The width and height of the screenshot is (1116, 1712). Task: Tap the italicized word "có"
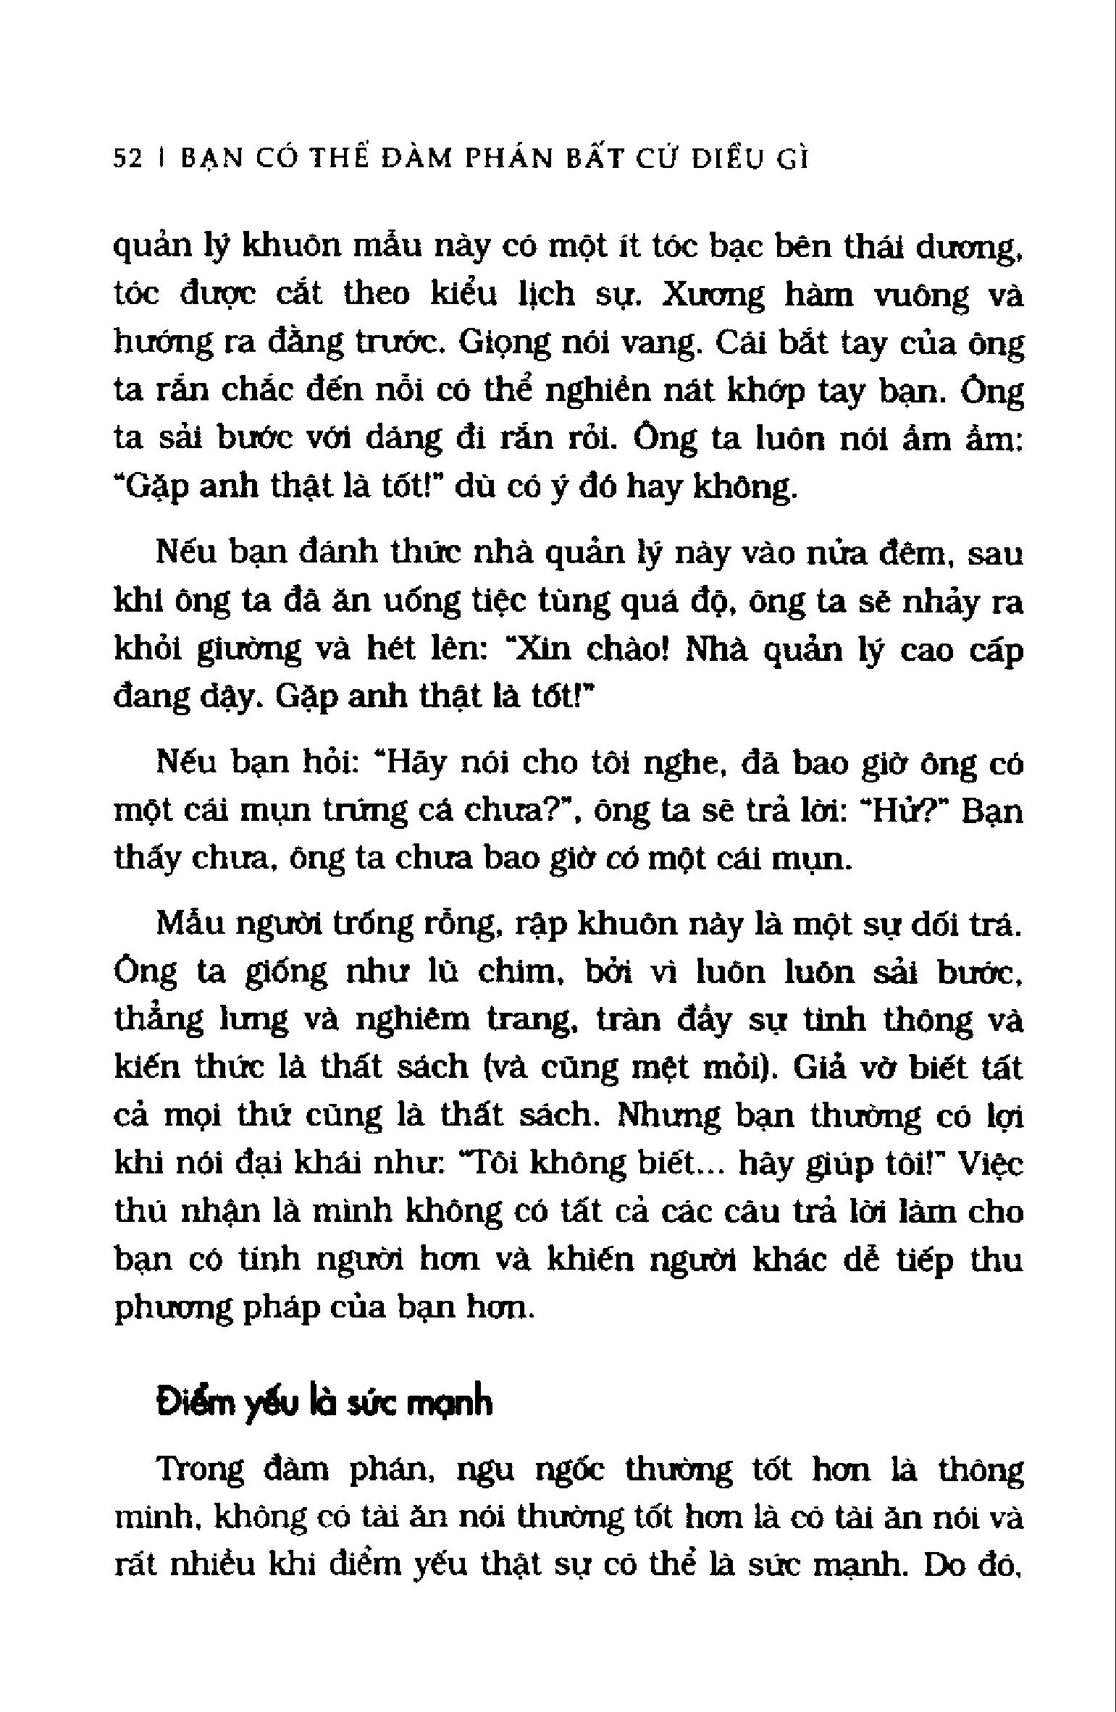tap(619, 860)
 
